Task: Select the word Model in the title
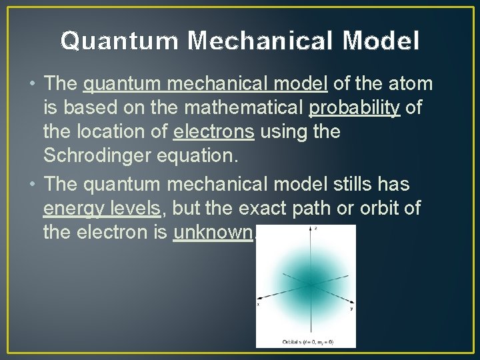382,41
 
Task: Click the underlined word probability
355,108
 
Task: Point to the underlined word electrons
213,132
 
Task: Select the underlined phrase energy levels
102,209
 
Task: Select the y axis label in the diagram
351,309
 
